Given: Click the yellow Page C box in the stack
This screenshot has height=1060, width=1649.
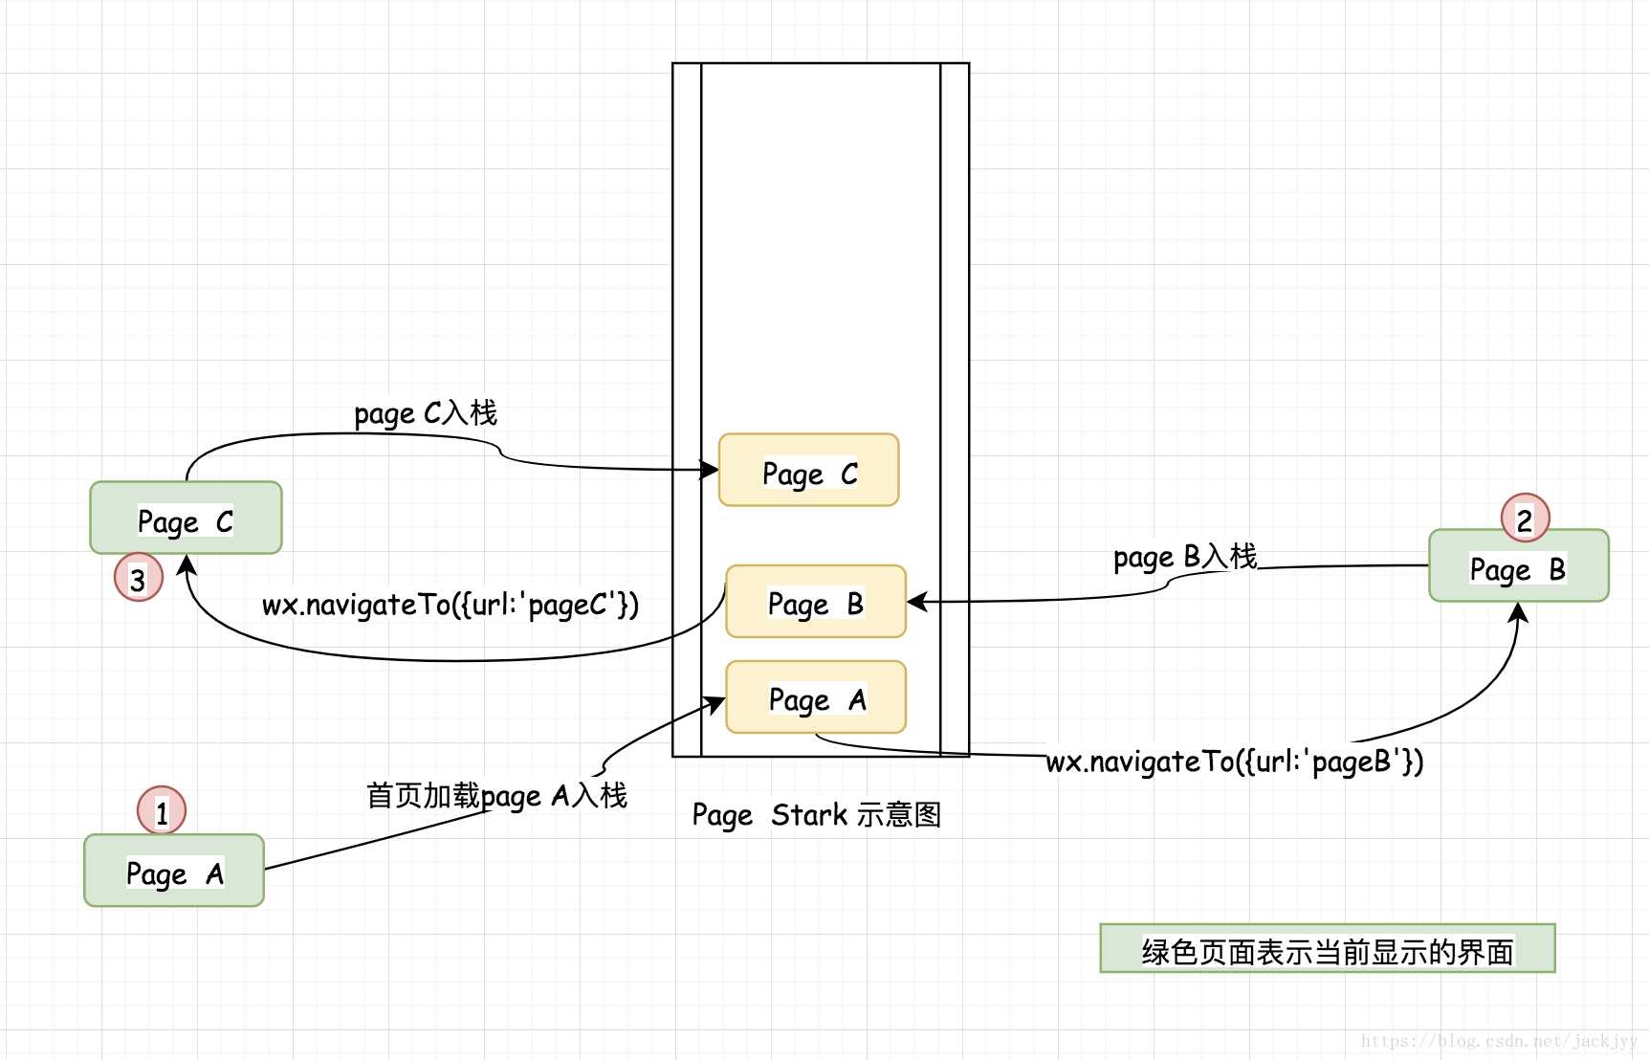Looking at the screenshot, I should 808,470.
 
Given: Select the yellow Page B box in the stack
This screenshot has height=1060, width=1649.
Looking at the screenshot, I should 815,602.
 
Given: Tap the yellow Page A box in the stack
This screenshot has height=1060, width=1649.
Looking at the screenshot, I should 815,697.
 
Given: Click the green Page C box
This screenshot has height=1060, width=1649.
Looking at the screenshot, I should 186,518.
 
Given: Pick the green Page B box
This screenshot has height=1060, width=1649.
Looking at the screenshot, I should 1518,565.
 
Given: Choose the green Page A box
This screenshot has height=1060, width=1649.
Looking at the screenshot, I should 173,871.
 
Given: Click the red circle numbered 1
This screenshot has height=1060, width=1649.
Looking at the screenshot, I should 162,811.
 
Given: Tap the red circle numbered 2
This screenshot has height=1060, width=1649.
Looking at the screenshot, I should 1525,519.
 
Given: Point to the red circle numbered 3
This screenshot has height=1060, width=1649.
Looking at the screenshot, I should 139,578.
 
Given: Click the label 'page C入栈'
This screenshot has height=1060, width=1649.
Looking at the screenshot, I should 426,413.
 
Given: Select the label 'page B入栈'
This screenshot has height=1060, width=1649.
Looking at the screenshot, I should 1185,557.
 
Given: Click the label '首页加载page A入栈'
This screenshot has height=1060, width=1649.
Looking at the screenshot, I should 496,796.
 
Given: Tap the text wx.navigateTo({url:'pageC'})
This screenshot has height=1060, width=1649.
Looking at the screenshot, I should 450,605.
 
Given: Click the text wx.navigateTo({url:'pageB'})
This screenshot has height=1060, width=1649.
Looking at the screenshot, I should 1234,762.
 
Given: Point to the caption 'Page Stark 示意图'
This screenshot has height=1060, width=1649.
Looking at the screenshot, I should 816,815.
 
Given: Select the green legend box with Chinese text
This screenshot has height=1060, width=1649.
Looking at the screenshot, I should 1327,949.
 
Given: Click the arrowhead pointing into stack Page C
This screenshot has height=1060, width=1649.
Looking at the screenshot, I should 710,470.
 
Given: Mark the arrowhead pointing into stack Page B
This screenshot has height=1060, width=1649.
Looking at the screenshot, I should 916,602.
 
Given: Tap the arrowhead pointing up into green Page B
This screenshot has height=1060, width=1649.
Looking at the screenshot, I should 1518,613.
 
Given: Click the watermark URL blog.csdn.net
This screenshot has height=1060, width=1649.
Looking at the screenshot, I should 1499,1041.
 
